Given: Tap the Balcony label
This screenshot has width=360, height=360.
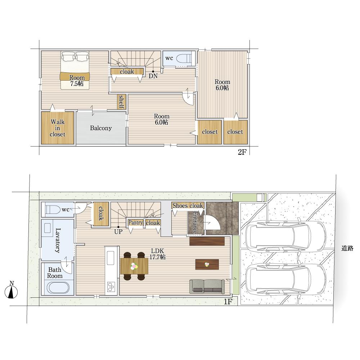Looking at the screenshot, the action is point(101,128).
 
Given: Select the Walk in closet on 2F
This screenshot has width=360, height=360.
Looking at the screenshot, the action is point(58,128).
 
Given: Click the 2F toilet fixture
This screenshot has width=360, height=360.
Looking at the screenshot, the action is point(184,59).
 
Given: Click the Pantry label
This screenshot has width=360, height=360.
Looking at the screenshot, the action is point(135,222).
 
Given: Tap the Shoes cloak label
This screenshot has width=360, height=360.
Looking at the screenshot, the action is point(188,206).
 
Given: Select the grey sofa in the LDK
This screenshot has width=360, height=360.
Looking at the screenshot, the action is point(207,287).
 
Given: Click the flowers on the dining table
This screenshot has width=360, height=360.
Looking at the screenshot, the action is point(134,266).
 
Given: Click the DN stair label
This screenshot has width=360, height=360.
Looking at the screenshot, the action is point(153,76).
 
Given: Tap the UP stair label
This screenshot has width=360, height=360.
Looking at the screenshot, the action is point(118,231).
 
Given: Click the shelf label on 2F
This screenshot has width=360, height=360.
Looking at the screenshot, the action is point(121,102).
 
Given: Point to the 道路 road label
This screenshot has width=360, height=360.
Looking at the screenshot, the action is point(347,248).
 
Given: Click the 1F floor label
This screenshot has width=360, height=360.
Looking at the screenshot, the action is point(228,301).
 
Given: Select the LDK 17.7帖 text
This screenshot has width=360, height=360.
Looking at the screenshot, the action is point(158,254).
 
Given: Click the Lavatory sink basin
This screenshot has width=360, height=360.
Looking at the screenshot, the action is point(49,228).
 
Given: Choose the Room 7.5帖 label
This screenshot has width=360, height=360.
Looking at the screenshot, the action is point(77,81).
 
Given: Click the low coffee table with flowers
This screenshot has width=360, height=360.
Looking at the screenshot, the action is point(207,264).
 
